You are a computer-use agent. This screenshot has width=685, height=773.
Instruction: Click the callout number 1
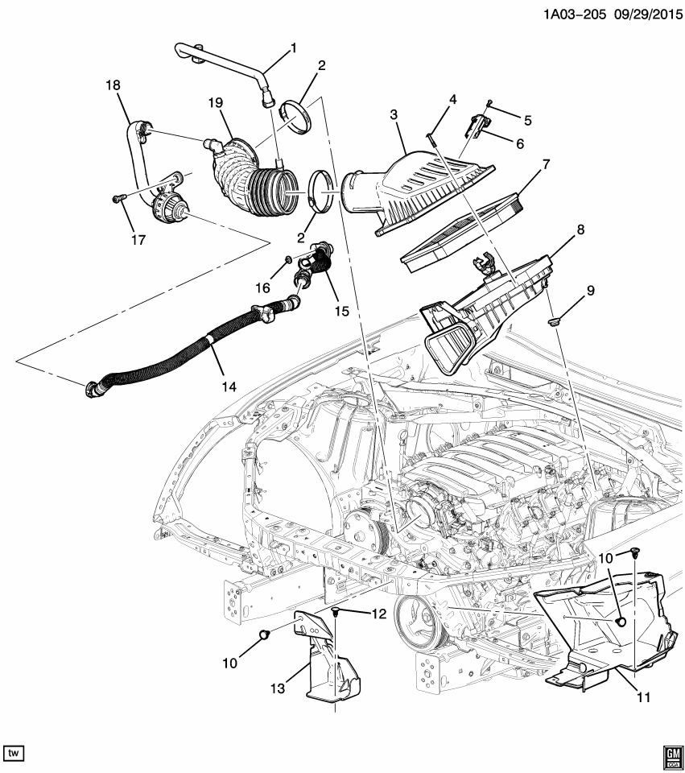click(292, 48)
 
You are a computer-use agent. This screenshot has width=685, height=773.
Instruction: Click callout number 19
click(215, 103)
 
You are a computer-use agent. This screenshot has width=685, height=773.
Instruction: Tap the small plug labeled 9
click(552, 322)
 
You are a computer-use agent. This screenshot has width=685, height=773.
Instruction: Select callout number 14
click(229, 386)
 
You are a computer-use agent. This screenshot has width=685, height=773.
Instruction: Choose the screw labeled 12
click(335, 614)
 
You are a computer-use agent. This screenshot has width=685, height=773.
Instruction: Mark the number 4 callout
click(452, 100)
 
